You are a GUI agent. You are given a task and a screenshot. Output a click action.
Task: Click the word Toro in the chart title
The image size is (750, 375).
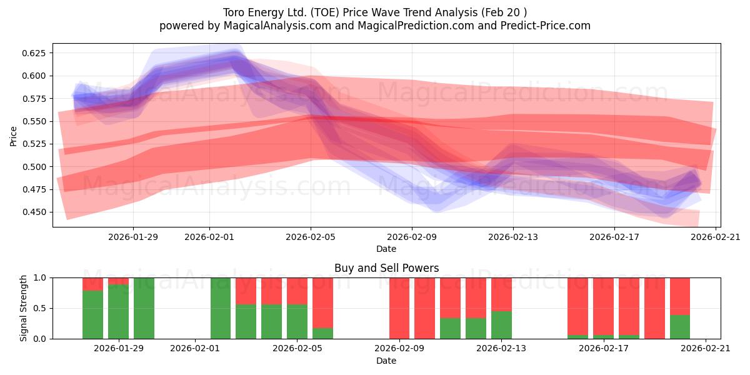[234, 12]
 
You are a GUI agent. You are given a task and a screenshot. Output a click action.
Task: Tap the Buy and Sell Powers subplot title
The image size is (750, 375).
[386, 268]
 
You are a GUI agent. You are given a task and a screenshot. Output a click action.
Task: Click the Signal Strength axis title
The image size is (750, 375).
[24, 308]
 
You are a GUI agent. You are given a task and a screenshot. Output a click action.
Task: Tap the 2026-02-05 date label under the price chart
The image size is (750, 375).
[311, 237]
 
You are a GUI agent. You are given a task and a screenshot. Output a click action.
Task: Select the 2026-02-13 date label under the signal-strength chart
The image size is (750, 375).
[501, 348]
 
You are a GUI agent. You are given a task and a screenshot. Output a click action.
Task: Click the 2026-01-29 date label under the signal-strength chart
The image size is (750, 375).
[119, 348]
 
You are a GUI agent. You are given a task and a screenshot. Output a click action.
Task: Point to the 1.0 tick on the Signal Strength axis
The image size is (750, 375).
[41, 277]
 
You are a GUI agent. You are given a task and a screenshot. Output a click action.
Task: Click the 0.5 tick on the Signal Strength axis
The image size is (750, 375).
[41, 308]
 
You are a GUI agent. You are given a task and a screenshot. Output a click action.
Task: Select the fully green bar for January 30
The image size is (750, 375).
[144, 308]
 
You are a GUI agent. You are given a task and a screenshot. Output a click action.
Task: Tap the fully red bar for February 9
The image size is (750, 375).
[399, 308]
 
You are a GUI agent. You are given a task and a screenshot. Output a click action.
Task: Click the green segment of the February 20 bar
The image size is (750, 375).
[680, 327]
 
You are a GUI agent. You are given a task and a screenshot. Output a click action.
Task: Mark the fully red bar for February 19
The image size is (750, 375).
[654, 308]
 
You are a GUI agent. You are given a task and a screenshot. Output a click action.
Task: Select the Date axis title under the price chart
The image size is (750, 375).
[386, 249]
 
